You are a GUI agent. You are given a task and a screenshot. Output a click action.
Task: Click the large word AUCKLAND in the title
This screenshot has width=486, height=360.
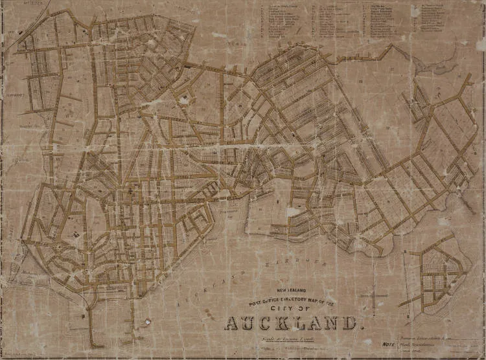[x=290, y=322]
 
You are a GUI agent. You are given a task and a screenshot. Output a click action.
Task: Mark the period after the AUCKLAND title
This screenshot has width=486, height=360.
[x=354, y=328]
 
